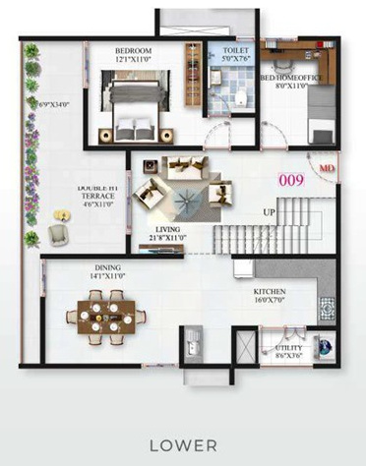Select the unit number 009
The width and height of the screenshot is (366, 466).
[291, 180]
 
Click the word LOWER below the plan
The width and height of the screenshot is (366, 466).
[184, 445]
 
